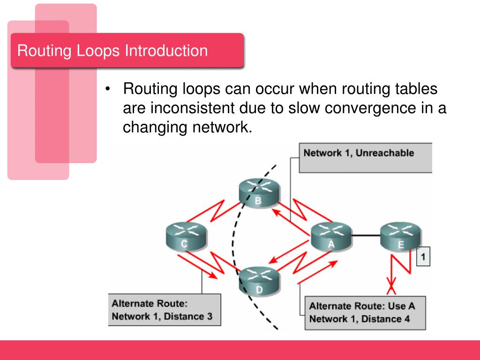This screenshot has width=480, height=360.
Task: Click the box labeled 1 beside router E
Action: pyautogui.click(x=423, y=256)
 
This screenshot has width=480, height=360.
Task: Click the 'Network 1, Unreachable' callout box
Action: pyautogui.click(x=365, y=158)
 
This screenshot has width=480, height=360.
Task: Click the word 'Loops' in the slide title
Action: pyautogui.click(x=99, y=51)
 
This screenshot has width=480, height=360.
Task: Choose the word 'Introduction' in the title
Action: pyautogui.click(x=166, y=51)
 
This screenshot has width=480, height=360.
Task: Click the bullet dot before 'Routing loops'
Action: pyautogui.click(x=109, y=89)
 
